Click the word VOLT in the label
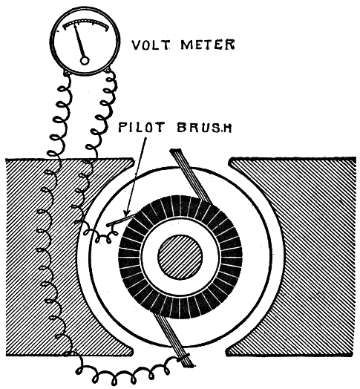(151, 45)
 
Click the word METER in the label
(207, 45)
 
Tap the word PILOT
(140, 127)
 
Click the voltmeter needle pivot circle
(85, 61)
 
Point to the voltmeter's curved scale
(86, 23)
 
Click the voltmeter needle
(79, 42)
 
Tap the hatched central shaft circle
(180, 258)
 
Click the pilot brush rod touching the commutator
(122, 220)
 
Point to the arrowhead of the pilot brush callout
(126, 213)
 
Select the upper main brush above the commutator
(190, 175)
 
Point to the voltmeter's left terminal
(67, 73)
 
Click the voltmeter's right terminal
(107, 71)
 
